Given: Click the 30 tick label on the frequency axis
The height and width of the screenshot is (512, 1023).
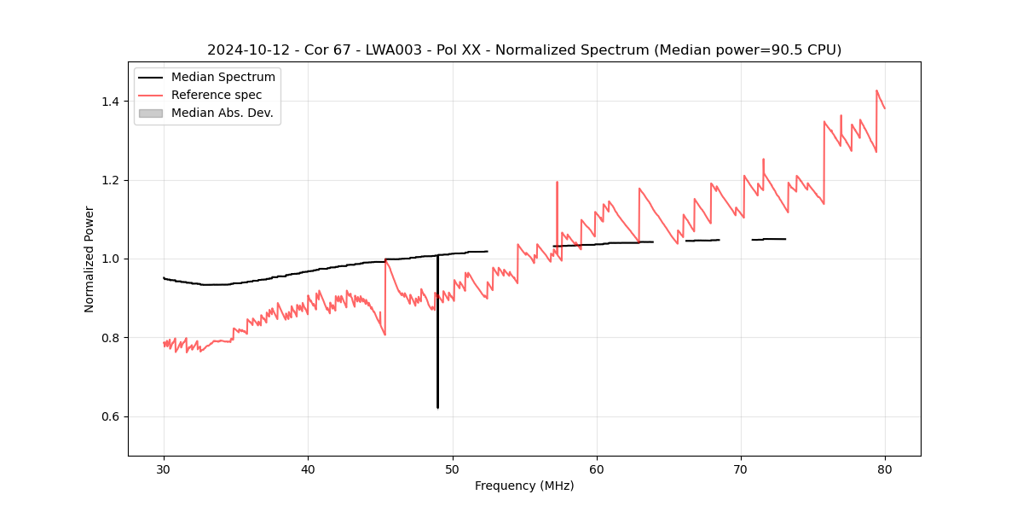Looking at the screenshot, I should click(164, 468).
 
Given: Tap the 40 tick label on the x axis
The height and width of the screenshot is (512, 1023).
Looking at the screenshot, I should click(308, 468).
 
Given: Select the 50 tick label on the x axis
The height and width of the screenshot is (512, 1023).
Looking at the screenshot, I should click(452, 468).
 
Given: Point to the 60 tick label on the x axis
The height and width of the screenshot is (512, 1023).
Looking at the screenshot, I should click(596, 468).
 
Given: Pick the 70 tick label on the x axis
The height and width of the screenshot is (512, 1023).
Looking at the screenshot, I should click(740, 468).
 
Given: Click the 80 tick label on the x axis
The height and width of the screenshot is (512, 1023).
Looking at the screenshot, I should click(884, 468).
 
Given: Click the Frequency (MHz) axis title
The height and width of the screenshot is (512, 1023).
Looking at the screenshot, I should click(524, 486).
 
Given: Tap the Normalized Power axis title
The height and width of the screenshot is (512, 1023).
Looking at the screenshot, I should click(90, 259).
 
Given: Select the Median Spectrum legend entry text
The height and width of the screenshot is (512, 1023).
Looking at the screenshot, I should click(223, 78).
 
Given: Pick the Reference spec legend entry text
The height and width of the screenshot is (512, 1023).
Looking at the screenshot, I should click(217, 95).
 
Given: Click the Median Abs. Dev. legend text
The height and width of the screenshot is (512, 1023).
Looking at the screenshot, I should click(223, 113).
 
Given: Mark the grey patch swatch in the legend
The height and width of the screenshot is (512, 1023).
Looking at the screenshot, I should click(150, 113).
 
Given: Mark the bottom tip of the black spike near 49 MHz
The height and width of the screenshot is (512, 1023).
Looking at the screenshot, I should click(437, 408).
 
